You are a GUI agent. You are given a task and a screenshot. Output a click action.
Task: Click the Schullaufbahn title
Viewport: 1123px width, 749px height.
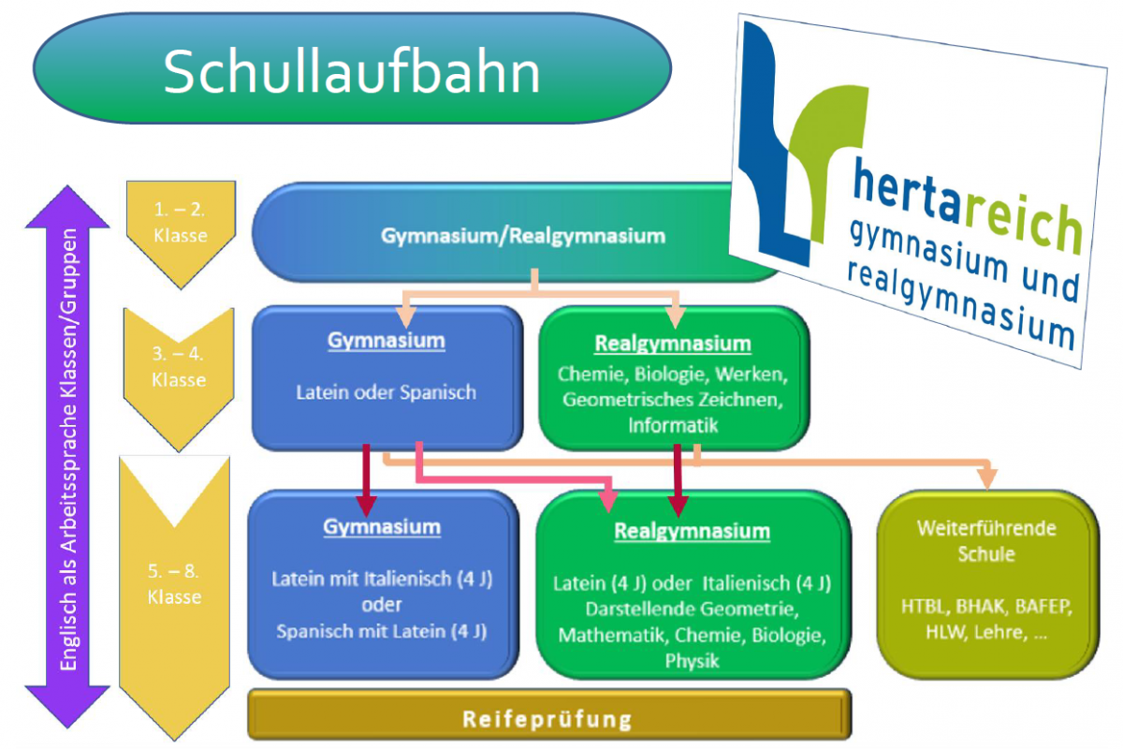point(352,71)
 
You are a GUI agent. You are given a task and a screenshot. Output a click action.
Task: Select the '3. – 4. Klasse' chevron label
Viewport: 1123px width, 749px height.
point(178,368)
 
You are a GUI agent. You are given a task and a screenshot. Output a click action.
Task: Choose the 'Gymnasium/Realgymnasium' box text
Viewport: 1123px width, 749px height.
point(522,236)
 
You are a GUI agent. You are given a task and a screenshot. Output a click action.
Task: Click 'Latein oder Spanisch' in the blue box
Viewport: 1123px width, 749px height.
point(386,392)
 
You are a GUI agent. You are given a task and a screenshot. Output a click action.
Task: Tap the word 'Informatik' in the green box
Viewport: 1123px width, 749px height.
point(673,425)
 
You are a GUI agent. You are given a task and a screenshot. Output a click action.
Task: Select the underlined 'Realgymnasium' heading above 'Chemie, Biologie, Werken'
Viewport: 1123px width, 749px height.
point(672,344)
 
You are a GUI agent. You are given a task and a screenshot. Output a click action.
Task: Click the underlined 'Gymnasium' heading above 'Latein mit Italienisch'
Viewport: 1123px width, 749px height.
point(381,527)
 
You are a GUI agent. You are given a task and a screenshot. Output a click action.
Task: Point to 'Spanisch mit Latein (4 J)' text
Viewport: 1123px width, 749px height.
point(381,631)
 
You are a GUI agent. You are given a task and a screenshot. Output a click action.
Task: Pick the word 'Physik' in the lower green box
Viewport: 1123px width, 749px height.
point(692,662)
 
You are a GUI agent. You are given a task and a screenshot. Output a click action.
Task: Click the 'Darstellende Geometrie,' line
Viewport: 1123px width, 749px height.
point(692,609)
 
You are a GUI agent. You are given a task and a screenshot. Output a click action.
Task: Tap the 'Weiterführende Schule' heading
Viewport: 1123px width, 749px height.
point(986,540)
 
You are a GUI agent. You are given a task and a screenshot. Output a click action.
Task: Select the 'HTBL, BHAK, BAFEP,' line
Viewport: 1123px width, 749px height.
point(986,606)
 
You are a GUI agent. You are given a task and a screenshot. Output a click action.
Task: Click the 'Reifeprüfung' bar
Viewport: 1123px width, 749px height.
point(547,719)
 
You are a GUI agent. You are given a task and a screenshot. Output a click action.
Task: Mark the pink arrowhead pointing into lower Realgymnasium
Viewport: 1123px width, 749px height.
point(610,500)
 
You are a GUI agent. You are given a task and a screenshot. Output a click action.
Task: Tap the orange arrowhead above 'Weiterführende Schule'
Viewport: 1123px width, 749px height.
point(987,478)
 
